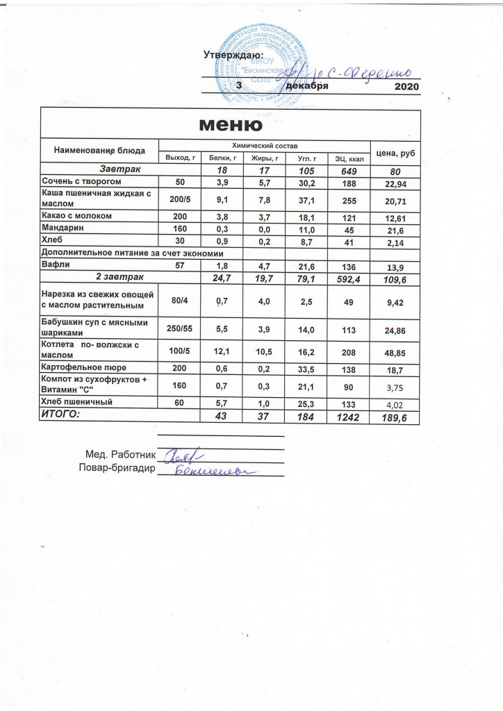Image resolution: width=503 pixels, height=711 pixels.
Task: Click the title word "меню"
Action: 231,125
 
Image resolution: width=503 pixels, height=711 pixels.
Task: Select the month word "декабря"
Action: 306,85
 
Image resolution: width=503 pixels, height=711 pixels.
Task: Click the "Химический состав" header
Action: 265,144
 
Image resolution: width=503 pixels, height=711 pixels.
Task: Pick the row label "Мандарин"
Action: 63,228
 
